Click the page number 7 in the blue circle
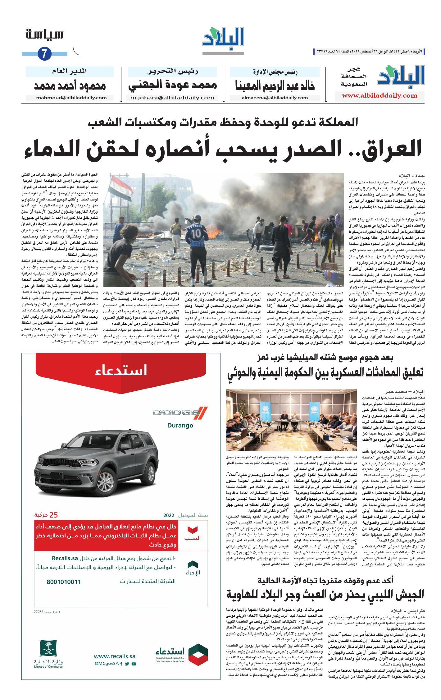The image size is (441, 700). click(44, 54)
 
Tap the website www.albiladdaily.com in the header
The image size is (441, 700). click(380, 95)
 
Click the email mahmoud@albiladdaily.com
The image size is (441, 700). click(71, 98)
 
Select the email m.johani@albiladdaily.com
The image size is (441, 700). click(172, 98)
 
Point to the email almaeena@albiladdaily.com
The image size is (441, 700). click(275, 98)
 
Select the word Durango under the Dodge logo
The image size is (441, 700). click(180, 426)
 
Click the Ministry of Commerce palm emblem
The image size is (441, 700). click(48, 649)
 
